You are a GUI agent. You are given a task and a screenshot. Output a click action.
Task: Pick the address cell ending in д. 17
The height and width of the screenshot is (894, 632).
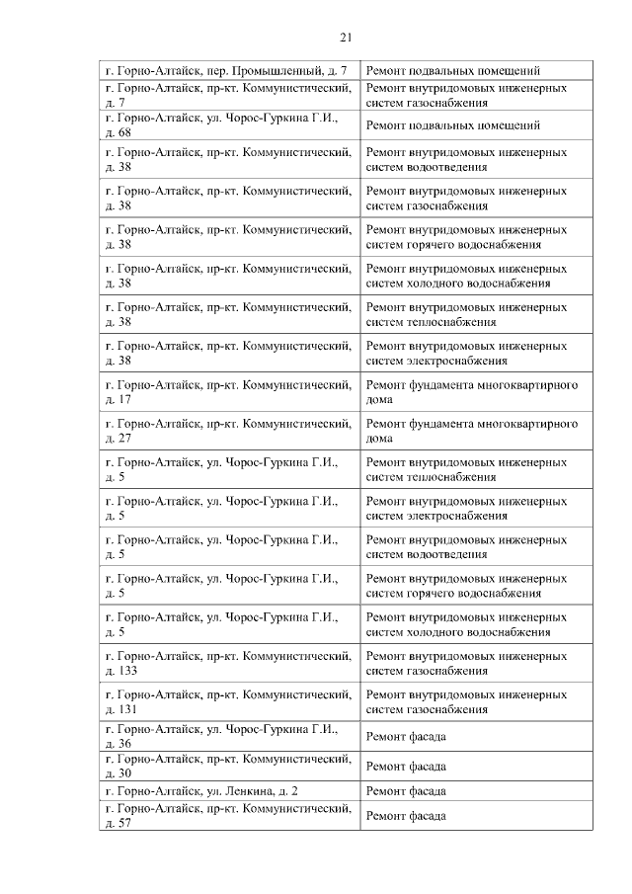coord(228,391)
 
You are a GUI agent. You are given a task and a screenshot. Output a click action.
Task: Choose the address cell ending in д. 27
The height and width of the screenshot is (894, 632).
coord(228,431)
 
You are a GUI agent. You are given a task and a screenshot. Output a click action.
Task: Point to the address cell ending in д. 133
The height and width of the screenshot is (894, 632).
coord(228,663)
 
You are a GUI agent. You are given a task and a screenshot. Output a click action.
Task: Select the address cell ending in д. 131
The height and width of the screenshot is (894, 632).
coord(228,701)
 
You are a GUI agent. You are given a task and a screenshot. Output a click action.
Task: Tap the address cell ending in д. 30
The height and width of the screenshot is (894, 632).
coord(228,766)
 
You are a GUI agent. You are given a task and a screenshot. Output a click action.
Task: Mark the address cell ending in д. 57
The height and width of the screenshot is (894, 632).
coord(228,816)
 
